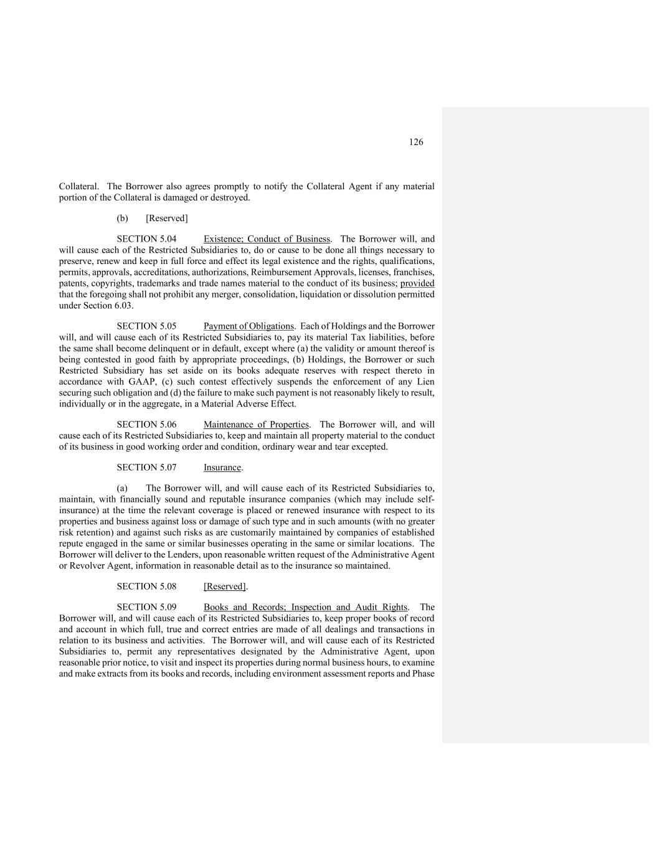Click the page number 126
pyautogui.click(x=416, y=142)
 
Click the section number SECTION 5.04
pyautogui.click(x=146, y=239)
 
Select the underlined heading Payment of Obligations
pyautogui.click(x=248, y=326)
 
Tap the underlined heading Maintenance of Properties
pyautogui.click(x=256, y=425)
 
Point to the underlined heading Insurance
pyautogui.click(x=222, y=468)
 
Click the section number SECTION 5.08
pyautogui.click(x=146, y=587)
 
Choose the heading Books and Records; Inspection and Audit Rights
pyautogui.click(x=305, y=607)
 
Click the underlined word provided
pyautogui.click(x=417, y=283)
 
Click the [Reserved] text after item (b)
pyautogui.click(x=166, y=219)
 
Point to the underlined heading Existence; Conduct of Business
pyautogui.click(x=267, y=239)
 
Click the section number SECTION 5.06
pyautogui.click(x=146, y=425)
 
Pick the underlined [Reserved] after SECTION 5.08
pyautogui.click(x=224, y=587)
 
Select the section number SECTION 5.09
pyautogui.click(x=146, y=607)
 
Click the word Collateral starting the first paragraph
pyautogui.click(x=78, y=186)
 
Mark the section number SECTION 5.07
pyautogui.click(x=146, y=468)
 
